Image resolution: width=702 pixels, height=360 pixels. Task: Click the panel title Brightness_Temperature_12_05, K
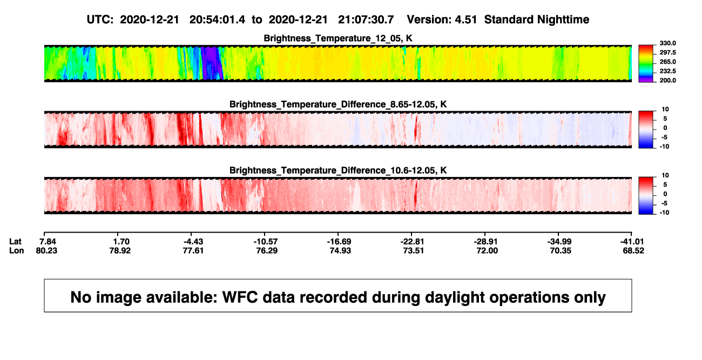point(338,38)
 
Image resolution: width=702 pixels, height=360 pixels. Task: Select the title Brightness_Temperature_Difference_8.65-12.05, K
point(338,104)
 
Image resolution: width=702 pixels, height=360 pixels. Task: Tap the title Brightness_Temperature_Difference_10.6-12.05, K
point(338,171)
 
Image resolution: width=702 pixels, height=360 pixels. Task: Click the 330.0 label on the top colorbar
point(667,43)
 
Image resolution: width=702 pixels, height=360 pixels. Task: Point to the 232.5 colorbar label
point(667,71)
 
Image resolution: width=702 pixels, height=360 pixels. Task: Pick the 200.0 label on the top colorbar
point(667,80)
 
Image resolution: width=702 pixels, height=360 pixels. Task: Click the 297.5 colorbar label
point(667,53)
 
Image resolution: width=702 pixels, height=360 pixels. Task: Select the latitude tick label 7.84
point(48,242)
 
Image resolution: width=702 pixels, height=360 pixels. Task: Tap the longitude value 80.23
point(46,250)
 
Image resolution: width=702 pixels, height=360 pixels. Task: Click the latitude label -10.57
point(266,242)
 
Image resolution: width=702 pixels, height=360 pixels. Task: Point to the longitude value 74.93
point(340,250)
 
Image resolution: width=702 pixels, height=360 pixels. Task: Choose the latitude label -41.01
point(632,242)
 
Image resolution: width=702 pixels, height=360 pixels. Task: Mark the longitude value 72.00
point(487,250)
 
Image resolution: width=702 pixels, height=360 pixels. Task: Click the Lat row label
point(15,242)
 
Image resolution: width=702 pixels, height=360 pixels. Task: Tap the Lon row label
point(16,250)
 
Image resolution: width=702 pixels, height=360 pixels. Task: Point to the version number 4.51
point(465,19)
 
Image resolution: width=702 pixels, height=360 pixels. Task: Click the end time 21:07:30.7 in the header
point(366,19)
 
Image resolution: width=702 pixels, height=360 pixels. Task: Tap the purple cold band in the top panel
point(212,63)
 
